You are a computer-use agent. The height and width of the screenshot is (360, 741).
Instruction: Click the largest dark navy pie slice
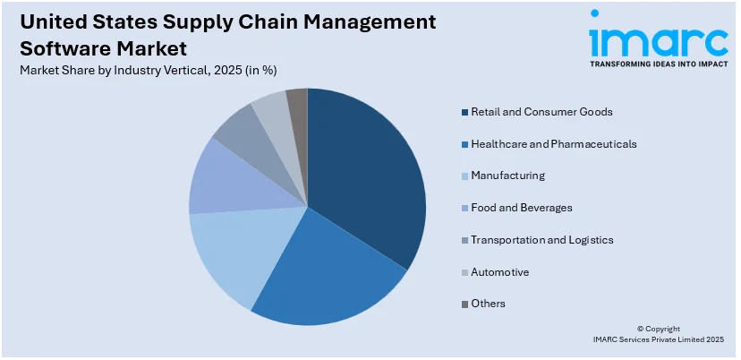click(x=367, y=179)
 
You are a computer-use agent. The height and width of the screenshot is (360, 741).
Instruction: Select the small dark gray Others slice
click(x=298, y=103)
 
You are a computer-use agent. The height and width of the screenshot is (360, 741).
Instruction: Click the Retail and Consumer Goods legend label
click(x=541, y=112)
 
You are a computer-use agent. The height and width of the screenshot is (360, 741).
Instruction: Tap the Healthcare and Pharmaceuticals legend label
click(x=554, y=143)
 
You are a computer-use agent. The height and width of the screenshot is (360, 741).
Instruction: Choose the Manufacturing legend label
click(x=507, y=176)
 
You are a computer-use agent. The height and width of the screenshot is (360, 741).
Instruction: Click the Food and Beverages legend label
click(x=522, y=208)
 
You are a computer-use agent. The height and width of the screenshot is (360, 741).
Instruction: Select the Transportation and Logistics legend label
click(x=542, y=240)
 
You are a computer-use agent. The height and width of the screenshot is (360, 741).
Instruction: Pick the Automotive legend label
click(x=499, y=271)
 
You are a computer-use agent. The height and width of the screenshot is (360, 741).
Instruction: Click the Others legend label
click(x=488, y=304)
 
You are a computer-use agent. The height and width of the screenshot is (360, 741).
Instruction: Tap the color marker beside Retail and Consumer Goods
click(x=464, y=112)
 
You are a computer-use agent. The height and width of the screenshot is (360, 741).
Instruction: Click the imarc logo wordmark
click(x=658, y=38)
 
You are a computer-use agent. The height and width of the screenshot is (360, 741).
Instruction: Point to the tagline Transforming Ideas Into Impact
click(x=658, y=64)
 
